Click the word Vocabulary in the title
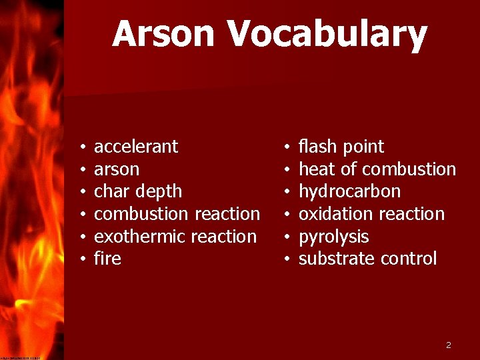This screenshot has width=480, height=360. coord(327,35)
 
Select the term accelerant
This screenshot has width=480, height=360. coord(136,147)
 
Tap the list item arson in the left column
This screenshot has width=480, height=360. coord(117,169)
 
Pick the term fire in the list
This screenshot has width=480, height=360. coord(107,259)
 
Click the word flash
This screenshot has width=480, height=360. coord(319,147)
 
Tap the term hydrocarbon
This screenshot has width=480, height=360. coord(349,192)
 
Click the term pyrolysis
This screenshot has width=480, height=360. coord(333,237)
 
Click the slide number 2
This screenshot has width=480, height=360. coord(449,345)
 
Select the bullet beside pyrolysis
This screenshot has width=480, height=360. coord(285,237)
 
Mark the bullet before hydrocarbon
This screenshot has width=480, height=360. coord(285,192)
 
